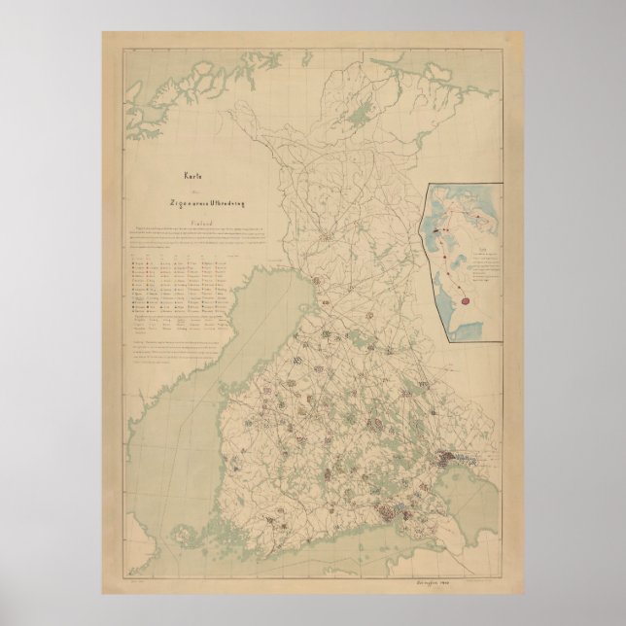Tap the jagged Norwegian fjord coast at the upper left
tap(165, 78)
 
